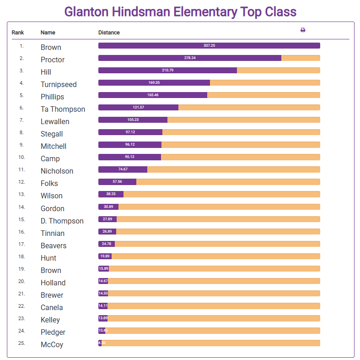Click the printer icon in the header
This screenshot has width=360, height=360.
coord(303,30)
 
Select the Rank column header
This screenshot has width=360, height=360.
coord(18,33)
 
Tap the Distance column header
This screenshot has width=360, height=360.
coord(109,33)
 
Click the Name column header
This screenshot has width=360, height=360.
coord(48,33)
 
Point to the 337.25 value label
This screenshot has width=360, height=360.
coord(209,45)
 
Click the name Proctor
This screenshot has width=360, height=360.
coord(53,60)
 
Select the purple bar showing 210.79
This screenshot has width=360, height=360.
coord(167,70)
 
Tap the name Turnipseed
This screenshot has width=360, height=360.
coord(59,84)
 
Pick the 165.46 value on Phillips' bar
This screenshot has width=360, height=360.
coord(153,95)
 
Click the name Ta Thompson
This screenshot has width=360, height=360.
coord(63,109)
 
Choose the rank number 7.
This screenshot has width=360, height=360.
coord(21,120)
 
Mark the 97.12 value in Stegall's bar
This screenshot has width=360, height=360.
coord(130,132)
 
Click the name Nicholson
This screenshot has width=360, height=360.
coord(57,171)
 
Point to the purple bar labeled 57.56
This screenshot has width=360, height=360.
coord(117,181)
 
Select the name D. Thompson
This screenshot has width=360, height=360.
coord(62,221)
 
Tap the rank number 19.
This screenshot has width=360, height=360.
coord(21,269)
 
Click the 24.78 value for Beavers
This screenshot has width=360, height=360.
coord(107,244)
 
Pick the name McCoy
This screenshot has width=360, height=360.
coord(52,344)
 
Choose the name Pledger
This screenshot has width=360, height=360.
coord(53,332)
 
